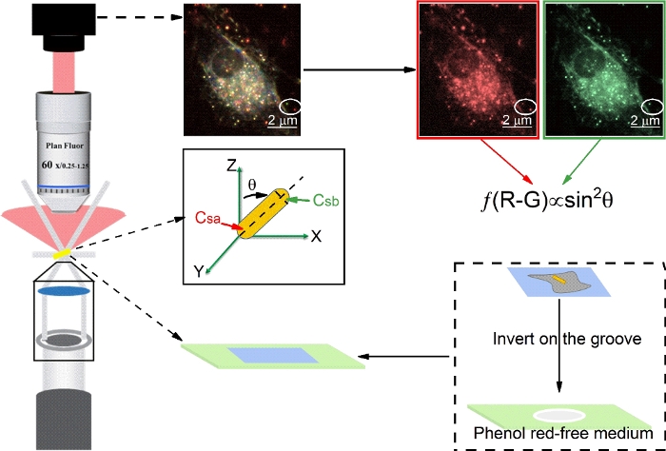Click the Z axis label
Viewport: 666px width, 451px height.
pyautogui.click(x=231, y=166)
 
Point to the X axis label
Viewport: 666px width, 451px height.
pyautogui.click(x=316, y=235)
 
